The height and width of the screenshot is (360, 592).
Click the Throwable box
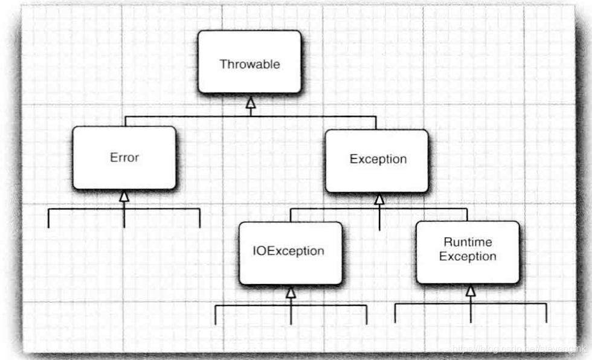pos(249,62)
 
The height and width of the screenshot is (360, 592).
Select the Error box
pos(124,158)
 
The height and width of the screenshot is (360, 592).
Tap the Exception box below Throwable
pos(378,160)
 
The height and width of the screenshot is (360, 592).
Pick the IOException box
pos(290,252)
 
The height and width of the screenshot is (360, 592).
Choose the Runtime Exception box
pos(468,251)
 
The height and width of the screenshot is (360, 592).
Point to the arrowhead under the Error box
pos(124,196)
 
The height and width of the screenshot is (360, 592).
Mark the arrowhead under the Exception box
pos(379,199)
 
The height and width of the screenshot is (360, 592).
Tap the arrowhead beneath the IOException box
pos(291,292)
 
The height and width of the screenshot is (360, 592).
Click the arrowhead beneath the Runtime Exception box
pos(470,291)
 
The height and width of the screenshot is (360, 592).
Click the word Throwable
pos(249,64)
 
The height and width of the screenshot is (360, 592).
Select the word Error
pos(124,158)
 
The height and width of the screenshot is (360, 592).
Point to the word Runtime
pos(468,242)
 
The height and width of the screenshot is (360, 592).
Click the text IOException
pos(289,251)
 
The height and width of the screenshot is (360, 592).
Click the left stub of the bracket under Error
pos(48,219)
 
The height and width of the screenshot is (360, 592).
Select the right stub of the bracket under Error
pos(199,219)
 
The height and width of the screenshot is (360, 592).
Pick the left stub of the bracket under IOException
pos(216,315)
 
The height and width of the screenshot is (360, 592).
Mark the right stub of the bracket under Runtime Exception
pos(546,313)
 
